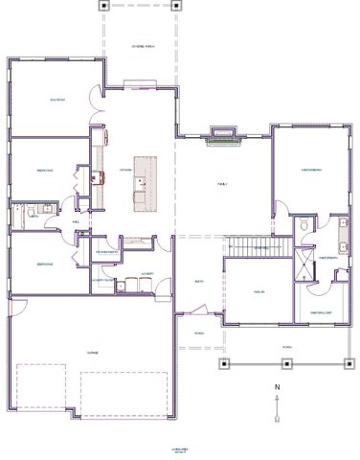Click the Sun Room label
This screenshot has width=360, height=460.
point(56,100)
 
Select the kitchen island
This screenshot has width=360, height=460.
point(143,181)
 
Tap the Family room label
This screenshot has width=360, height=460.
point(222,182)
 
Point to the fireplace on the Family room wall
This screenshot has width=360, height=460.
point(224,136)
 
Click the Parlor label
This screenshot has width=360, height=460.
point(259,291)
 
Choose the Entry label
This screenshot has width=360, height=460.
point(199,281)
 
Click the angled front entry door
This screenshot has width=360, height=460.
point(196,310)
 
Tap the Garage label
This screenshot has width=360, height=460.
point(93,353)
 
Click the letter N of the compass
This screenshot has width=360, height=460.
point(277,388)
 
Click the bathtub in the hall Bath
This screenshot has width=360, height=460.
point(21,212)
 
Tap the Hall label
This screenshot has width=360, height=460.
point(76,220)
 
